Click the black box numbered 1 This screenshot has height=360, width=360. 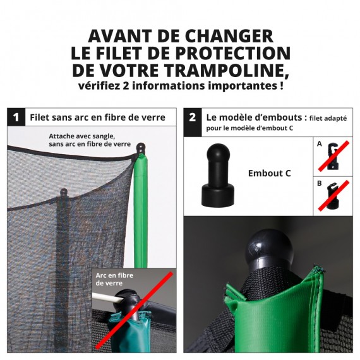point(16,117)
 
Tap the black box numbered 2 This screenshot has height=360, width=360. point(192,117)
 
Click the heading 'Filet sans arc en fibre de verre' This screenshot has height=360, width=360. point(97,117)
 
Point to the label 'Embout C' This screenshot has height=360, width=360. point(269,173)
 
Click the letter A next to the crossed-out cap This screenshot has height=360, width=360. point(319,144)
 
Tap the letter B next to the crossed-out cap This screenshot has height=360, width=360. point(319,183)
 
